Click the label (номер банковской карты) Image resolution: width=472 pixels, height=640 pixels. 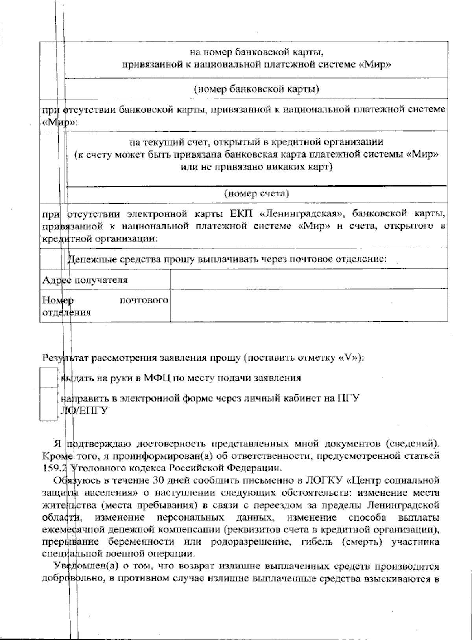click(256, 89)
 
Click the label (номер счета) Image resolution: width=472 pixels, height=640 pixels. click(256, 193)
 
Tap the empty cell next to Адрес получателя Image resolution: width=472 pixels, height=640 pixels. click(309, 279)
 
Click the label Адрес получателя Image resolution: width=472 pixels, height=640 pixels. click(85, 280)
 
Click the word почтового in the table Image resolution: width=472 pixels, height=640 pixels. click(143, 301)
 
